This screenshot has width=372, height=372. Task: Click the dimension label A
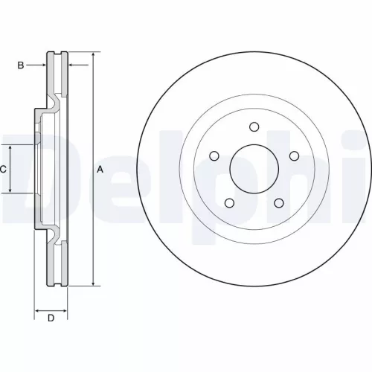[100, 170]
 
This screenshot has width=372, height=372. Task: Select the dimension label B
[20, 65]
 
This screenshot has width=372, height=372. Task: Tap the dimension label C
[4, 170]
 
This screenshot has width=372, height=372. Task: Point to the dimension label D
[51, 319]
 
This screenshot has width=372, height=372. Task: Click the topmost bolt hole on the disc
[254, 126]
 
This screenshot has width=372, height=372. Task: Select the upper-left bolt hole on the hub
[214, 155]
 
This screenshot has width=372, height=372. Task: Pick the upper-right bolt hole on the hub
[293, 155]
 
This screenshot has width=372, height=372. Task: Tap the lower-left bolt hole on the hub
[229, 202]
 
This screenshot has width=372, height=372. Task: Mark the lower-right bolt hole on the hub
[278, 202]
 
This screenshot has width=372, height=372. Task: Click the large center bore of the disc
[254, 168]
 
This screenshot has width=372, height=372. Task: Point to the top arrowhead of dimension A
[93, 56]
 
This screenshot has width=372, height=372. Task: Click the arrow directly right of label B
[42, 65]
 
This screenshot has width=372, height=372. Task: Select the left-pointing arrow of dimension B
[73, 65]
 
